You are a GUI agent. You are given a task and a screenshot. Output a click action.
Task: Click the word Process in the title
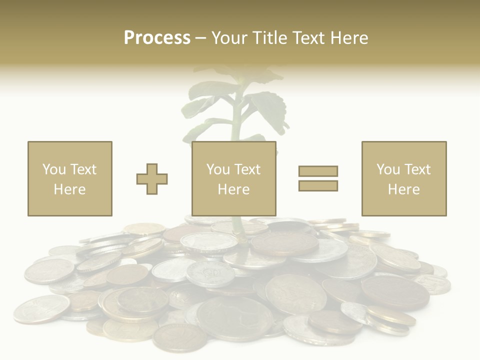tap(157, 38)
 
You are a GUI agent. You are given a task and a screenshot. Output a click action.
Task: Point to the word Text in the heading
tap(308, 38)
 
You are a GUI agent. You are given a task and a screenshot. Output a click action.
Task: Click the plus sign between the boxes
tap(152, 179)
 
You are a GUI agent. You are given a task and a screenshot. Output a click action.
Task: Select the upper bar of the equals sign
tap(318, 171)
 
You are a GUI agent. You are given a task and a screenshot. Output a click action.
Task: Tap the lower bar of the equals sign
tap(318, 186)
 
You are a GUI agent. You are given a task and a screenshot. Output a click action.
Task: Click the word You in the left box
tap(53, 169)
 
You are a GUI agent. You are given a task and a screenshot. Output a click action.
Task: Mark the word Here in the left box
tap(69, 189)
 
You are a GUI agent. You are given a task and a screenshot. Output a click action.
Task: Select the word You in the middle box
tap(218, 169)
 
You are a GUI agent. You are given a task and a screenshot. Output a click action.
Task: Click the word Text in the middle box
tap(247, 169)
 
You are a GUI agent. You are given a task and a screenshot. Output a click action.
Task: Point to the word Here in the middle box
tap(234, 189)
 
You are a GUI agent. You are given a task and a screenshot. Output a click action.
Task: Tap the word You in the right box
tap(388, 169)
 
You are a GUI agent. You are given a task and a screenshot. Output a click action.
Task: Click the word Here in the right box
tap(404, 189)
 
